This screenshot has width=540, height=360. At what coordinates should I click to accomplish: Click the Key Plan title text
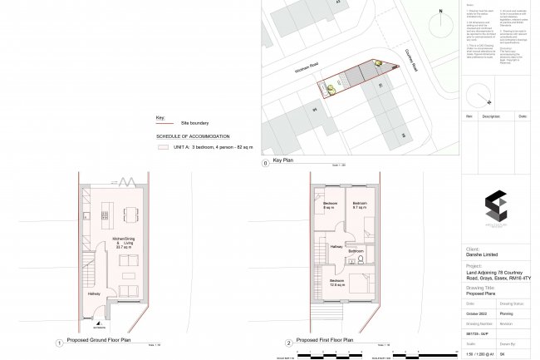[282, 163]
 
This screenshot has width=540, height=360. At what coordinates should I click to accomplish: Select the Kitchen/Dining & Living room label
[123, 243]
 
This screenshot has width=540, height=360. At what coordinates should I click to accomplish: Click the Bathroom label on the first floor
[357, 250]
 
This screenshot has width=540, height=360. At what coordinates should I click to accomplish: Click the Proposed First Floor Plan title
[323, 342]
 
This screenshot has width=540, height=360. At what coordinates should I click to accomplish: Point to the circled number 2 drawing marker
[288, 342]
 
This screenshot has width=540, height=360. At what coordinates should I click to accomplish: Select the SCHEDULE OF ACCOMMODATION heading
[193, 136]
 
